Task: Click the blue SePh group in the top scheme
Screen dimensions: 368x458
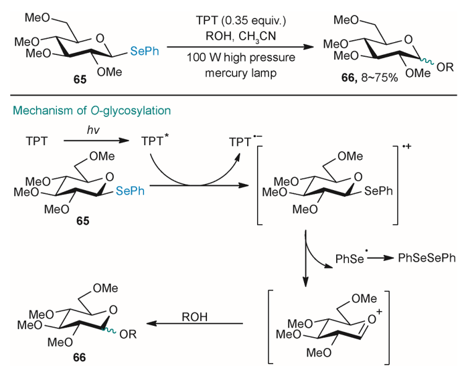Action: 144,48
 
